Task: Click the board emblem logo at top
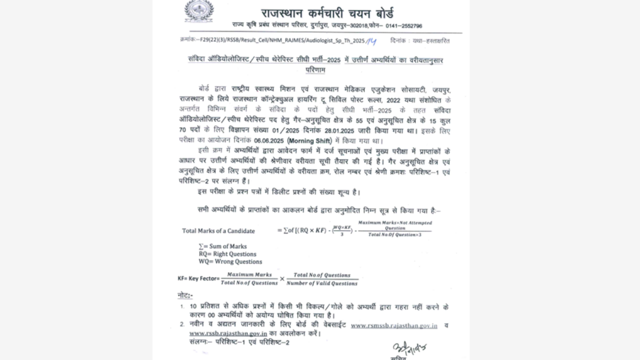pyautogui.click(x=198, y=11)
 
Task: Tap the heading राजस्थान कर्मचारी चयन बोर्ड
pyautogui.click(x=327, y=13)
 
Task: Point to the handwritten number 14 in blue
pyautogui.click(x=371, y=41)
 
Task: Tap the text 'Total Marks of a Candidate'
pyautogui.click(x=218, y=231)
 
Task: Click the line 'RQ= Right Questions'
pyautogui.click(x=227, y=254)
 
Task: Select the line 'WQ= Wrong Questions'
pyautogui.click(x=230, y=261)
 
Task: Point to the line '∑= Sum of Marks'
pyautogui.click(x=222, y=246)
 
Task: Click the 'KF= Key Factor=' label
pyautogui.click(x=198, y=278)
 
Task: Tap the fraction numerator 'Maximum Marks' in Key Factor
pyautogui.click(x=249, y=274)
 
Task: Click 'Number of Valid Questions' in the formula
pyautogui.click(x=322, y=283)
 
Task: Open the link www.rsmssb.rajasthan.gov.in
pyautogui.click(x=394, y=325)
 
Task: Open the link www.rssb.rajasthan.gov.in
pyautogui.click(x=228, y=333)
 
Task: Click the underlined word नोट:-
pyautogui.click(x=185, y=296)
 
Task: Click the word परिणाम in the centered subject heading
pyautogui.click(x=315, y=70)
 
